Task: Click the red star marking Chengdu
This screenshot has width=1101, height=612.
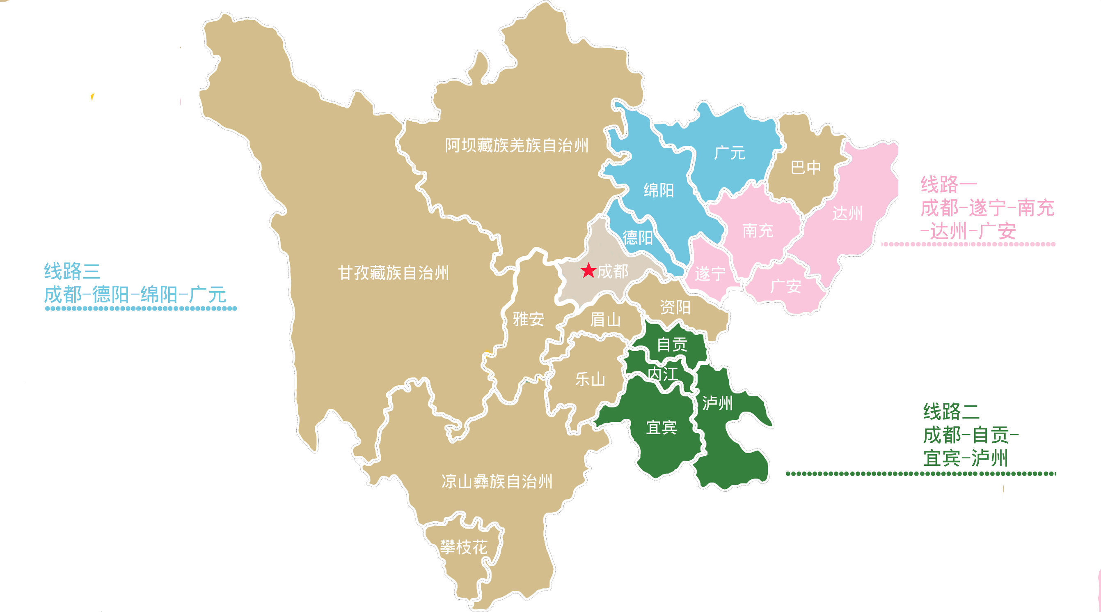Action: click(588, 270)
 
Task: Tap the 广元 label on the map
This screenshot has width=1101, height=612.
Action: click(730, 153)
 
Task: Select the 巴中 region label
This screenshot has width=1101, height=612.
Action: click(806, 167)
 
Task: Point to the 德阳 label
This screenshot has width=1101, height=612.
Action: click(637, 237)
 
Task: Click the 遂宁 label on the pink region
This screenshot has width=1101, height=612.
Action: click(710, 274)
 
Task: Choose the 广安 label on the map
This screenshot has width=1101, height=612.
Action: click(785, 286)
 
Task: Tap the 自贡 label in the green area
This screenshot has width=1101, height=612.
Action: click(672, 344)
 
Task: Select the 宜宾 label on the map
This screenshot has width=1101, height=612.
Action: click(661, 427)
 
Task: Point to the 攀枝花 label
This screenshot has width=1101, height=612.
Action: click(464, 547)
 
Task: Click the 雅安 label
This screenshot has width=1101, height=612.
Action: click(528, 319)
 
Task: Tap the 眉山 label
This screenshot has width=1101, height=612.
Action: click(605, 320)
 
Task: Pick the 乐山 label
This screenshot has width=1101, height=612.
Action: click(590, 380)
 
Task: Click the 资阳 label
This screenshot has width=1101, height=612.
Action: click(675, 307)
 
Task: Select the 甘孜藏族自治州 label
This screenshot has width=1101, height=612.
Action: click(393, 273)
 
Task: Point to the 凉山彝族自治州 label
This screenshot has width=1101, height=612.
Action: click(497, 481)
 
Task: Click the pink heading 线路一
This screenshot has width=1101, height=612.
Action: click(948, 185)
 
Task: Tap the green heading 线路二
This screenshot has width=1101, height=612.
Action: click(951, 412)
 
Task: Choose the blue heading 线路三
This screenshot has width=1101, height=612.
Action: click(72, 271)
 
